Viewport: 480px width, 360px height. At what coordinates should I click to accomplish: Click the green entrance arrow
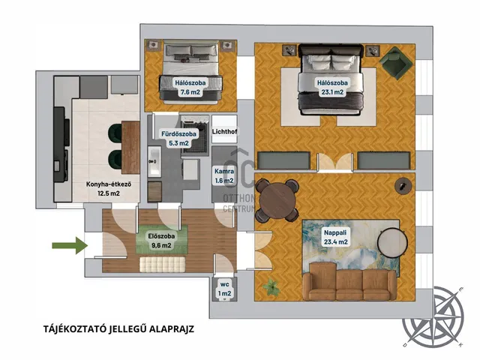70,245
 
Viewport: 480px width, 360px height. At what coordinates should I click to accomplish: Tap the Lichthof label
224,132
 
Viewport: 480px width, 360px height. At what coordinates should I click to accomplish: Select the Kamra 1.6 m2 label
224,176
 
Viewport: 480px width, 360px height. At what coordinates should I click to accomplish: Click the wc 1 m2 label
224,289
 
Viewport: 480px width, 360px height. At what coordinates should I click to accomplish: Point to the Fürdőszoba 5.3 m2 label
178,138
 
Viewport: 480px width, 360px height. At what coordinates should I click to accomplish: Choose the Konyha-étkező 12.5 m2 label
109,189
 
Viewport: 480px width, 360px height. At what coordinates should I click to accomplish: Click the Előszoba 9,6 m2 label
161,241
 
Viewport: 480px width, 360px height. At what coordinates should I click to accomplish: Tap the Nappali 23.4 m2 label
335,237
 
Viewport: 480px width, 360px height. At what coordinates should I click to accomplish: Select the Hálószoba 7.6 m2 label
190,87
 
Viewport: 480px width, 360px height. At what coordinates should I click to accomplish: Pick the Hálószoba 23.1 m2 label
332,87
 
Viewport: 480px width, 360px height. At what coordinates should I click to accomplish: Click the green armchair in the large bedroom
394,62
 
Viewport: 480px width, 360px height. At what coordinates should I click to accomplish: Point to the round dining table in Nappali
277,200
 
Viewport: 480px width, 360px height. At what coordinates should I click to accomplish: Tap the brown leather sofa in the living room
350,281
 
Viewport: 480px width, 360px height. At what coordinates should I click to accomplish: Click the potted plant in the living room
271,286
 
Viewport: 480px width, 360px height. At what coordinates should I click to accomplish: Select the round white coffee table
392,243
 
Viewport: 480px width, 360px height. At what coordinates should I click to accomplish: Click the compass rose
433,317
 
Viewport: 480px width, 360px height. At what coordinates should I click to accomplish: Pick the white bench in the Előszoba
163,264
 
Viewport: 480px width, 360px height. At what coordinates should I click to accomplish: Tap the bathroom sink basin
154,161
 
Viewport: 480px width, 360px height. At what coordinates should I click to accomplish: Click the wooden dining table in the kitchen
130,148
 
